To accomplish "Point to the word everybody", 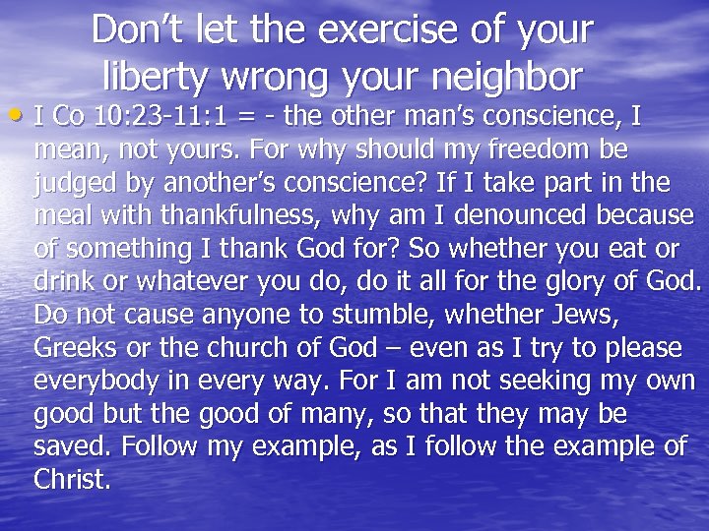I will [98, 382].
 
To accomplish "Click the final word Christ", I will [71, 480].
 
